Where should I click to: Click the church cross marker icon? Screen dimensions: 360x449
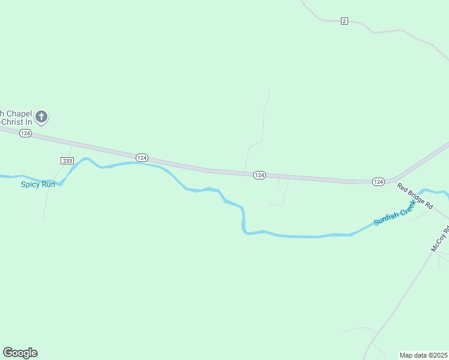coord(41,116)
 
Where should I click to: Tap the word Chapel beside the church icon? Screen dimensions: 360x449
coord(19,113)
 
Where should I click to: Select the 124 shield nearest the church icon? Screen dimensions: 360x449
coord(25,133)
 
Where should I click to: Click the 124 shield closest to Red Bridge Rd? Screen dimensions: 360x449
coord(378,181)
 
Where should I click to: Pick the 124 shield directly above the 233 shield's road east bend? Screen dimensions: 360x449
coord(142,157)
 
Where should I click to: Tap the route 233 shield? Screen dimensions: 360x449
coord(67,160)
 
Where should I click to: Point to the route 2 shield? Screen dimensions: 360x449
coord(344,21)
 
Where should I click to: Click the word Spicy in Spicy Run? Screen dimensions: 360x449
coord(31,184)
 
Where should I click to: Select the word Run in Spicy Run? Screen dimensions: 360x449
coord(48,184)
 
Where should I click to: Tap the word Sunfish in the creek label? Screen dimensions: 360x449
coord(387,218)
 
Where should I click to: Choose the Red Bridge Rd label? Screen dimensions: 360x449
coord(415,196)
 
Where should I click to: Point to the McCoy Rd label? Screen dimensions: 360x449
coord(440,238)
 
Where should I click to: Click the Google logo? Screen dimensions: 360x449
coord(20,353)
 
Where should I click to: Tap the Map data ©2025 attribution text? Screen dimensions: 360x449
coord(424,355)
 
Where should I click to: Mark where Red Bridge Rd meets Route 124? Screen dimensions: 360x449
coord(394,180)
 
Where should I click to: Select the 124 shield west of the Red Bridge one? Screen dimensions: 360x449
coord(259,175)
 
